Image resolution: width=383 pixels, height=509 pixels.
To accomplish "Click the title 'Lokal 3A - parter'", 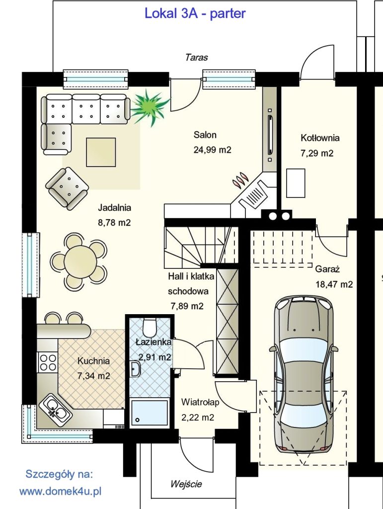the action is (x=195, y=13).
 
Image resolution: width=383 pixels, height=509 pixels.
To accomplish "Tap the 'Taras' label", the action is (x=197, y=58).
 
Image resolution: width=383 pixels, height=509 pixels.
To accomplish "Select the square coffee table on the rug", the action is (x=101, y=152).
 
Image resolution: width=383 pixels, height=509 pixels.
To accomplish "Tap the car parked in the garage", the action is (x=304, y=374).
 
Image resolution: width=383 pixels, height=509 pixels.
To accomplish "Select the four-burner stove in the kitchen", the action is (x=48, y=362).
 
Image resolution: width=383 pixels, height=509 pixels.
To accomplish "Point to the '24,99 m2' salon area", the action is (x=213, y=150).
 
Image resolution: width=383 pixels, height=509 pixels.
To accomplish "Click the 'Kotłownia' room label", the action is (x=320, y=138).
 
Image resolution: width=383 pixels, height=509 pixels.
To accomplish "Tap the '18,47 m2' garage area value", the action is (x=334, y=284).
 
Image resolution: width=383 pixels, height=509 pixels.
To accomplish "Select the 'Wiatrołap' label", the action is (x=200, y=402).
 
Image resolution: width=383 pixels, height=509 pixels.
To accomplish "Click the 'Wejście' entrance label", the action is (x=186, y=484).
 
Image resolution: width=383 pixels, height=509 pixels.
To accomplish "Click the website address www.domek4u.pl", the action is (x=60, y=492).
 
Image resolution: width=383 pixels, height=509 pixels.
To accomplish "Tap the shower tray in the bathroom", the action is (x=150, y=413).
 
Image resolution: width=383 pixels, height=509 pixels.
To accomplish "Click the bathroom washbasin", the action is (x=135, y=369).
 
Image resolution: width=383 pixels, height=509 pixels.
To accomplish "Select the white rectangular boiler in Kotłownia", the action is (x=296, y=183).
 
